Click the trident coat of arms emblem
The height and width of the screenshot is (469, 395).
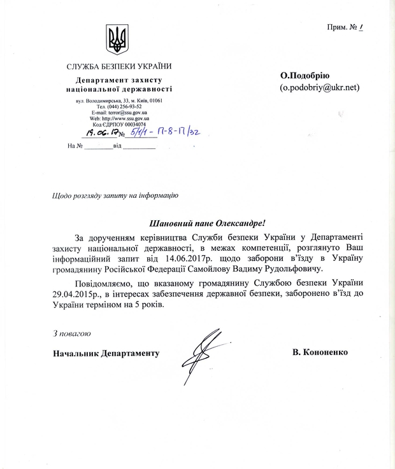[x=117, y=39]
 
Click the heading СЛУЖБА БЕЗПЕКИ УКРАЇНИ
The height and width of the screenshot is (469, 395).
[x=119, y=67]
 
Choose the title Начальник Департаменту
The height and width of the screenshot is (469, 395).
[x=106, y=353]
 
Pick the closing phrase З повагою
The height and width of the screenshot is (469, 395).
[x=72, y=333]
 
